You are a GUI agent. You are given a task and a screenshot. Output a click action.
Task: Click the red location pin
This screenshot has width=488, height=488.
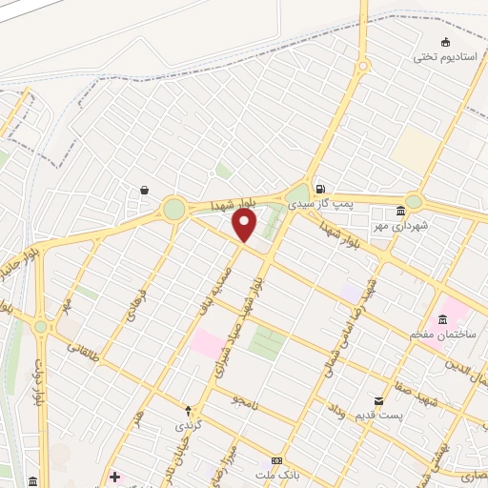tap(245, 225)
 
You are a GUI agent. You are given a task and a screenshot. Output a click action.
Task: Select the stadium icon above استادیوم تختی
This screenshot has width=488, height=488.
tap(445, 41)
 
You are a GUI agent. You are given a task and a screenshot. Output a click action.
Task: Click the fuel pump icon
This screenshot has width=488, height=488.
tap(319, 189)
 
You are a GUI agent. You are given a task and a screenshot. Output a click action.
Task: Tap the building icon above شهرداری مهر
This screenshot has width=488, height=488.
tap(400, 211)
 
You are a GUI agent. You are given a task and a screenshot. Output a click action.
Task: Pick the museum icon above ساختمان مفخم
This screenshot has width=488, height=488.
tap(442, 319)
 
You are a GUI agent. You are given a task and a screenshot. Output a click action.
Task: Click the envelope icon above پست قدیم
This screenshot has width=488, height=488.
tap(379, 401)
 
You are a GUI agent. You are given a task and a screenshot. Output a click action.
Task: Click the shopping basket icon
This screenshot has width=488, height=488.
tap(144, 190)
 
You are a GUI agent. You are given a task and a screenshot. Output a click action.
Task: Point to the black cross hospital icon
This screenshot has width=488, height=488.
tap(114, 477)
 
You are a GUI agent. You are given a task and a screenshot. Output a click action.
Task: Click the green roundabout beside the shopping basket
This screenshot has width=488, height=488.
tap(173, 209)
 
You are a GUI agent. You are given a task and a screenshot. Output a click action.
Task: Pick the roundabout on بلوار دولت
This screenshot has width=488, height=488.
tap(40, 326)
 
